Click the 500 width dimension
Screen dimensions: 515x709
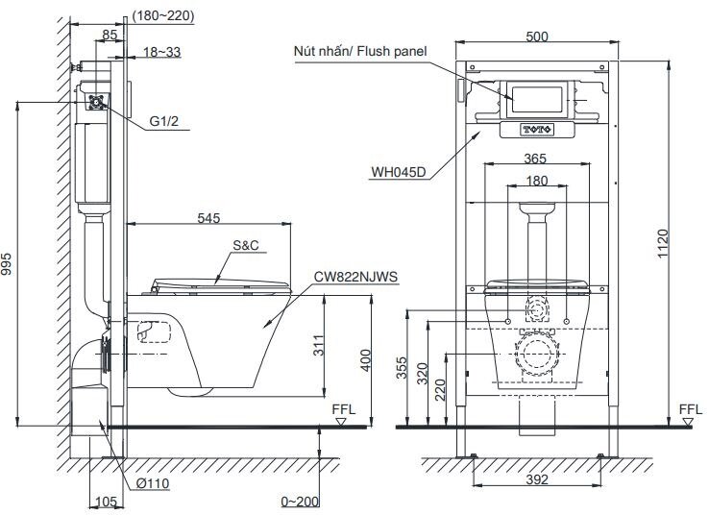[538, 36]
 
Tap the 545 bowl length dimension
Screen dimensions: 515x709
[209, 218]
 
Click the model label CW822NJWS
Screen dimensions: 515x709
[354, 276]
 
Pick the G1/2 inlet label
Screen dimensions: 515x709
[165, 122]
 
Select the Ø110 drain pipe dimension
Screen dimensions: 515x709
[152, 483]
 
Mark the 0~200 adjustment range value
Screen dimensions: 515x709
[301, 502]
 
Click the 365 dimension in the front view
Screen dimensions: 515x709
[537, 159]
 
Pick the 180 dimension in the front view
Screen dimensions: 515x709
[537, 181]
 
